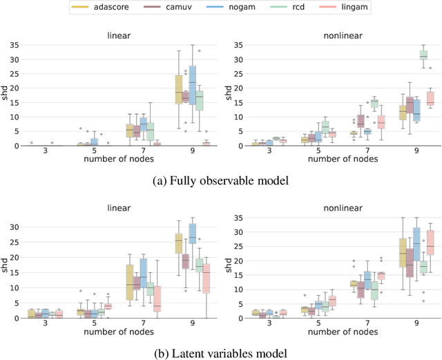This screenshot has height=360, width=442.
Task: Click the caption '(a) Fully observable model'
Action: tap(220, 182)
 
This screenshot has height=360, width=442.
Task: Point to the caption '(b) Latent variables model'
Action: tap(220, 354)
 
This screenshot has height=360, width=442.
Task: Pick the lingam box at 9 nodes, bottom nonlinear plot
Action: tap(431, 242)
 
